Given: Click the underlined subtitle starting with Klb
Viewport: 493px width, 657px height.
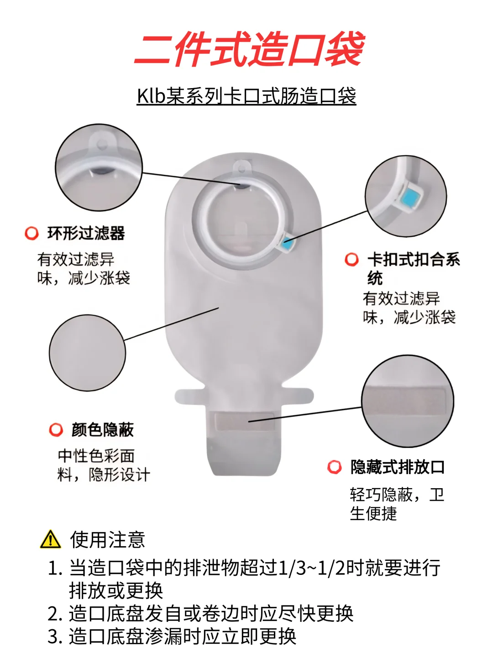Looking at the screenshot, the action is [x=246, y=96].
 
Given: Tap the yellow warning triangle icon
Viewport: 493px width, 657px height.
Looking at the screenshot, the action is [x=50, y=539].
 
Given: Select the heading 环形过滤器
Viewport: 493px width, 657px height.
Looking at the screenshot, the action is [x=86, y=233].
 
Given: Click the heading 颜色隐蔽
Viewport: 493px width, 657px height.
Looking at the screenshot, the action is [x=102, y=430].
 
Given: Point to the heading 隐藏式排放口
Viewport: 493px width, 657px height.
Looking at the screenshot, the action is [x=398, y=467].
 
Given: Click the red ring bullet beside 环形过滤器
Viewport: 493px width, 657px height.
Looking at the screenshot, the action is [x=31, y=234].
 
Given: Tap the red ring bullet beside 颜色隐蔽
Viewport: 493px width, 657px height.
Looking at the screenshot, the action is [x=56, y=430].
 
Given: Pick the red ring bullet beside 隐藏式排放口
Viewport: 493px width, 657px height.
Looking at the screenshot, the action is [x=335, y=467].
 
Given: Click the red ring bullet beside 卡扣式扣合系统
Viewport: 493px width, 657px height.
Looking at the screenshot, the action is [x=351, y=260].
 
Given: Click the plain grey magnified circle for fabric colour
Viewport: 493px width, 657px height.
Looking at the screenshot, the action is [x=87, y=353].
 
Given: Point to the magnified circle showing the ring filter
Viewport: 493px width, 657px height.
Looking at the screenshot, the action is [x=99, y=167].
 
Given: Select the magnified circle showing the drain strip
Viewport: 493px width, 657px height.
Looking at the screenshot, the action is [x=408, y=401].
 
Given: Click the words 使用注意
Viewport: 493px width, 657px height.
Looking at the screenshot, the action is [x=108, y=540].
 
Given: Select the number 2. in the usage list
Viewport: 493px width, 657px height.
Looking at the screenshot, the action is [x=55, y=614].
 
